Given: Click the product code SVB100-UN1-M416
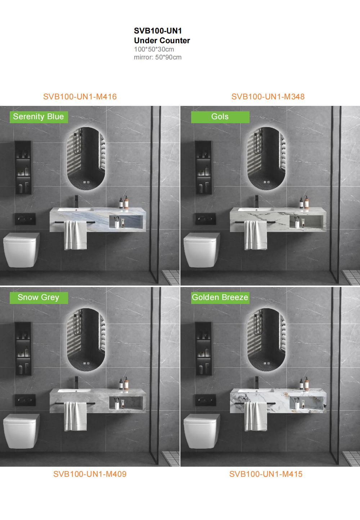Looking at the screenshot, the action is [80, 97].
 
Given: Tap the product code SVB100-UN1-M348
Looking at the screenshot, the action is [268, 97].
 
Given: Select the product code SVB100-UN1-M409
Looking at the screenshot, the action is [90, 474].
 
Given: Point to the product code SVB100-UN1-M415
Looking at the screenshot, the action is [266, 474].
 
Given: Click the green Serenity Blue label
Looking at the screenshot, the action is [39, 117].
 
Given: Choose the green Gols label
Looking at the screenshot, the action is [220, 117].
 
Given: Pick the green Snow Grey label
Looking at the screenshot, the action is [39, 297].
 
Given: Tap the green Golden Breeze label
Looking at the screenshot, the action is [220, 297].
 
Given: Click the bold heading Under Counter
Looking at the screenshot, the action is [162, 40].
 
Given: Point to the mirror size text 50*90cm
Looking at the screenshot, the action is [168, 57].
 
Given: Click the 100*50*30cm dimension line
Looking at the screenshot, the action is [154, 49].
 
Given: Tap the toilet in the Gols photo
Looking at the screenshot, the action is [202, 250].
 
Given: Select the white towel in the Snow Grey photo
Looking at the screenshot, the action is [75, 417].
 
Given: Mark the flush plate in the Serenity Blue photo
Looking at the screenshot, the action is [25, 219].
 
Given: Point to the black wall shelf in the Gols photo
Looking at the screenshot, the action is [203, 167].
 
